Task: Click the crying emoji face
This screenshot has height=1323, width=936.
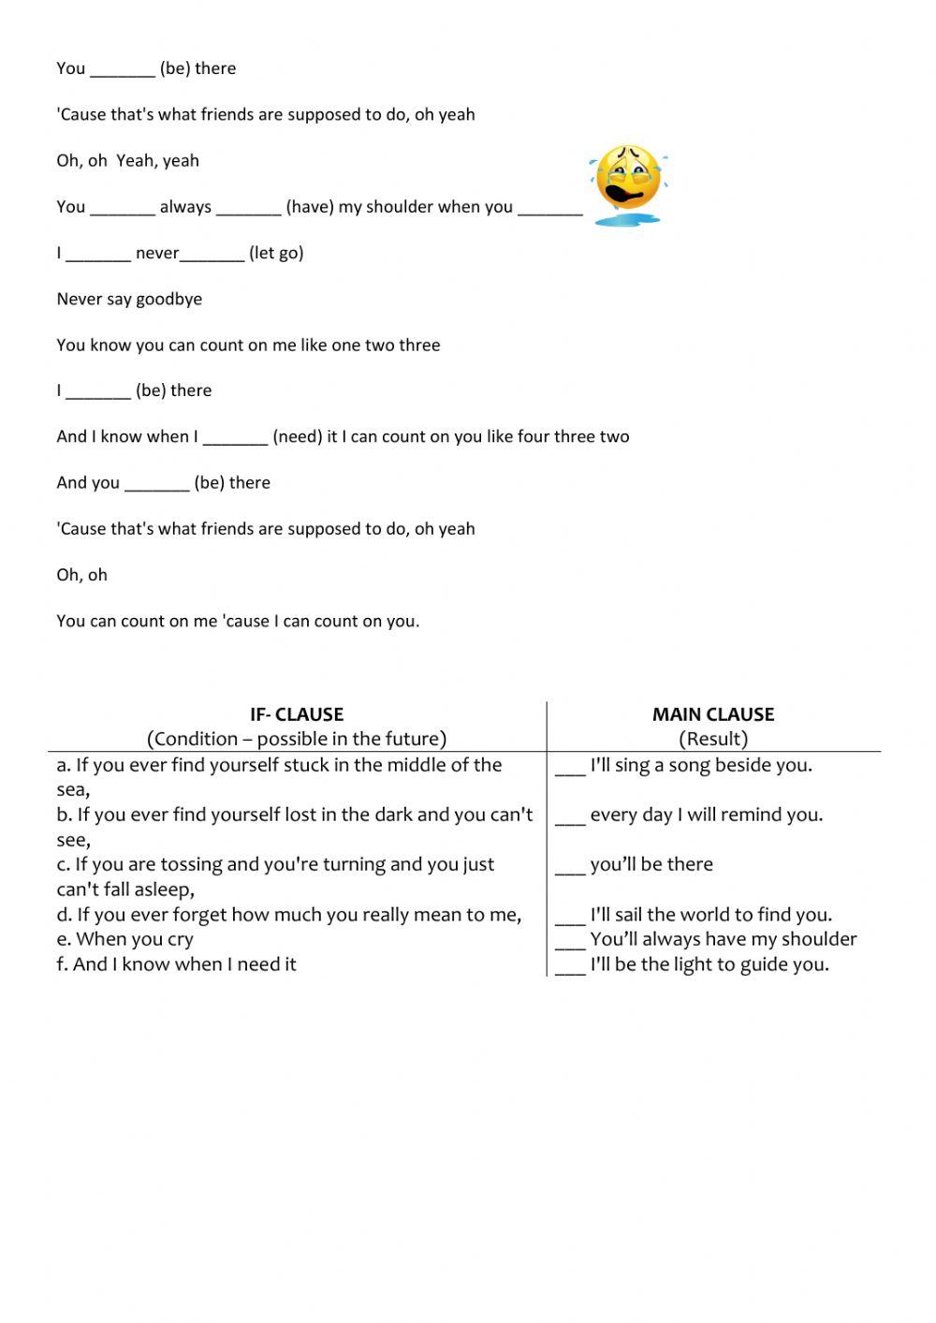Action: click(x=628, y=183)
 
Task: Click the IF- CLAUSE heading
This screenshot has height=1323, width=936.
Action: click(x=297, y=714)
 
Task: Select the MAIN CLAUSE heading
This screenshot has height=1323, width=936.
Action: click(x=713, y=714)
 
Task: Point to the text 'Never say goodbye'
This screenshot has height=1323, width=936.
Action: click(x=129, y=300)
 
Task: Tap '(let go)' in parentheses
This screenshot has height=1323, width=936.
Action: click(x=276, y=254)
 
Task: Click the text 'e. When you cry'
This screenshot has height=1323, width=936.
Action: click(x=124, y=939)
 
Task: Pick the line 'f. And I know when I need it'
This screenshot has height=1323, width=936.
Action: click(x=176, y=964)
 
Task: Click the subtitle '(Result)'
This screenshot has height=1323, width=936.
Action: click(x=713, y=739)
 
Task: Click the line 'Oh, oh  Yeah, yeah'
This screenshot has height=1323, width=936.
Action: click(x=127, y=161)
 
